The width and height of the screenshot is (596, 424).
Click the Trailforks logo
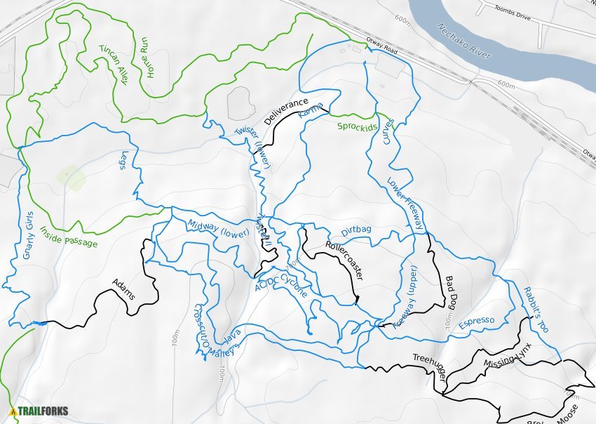(35, 411)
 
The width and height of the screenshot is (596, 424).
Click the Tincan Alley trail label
(113, 65)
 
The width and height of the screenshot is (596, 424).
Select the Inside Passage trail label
(69, 237)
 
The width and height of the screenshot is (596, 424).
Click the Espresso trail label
(476, 323)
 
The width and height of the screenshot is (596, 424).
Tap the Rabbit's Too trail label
(535, 310)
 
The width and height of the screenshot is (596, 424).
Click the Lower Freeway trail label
(406, 204)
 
